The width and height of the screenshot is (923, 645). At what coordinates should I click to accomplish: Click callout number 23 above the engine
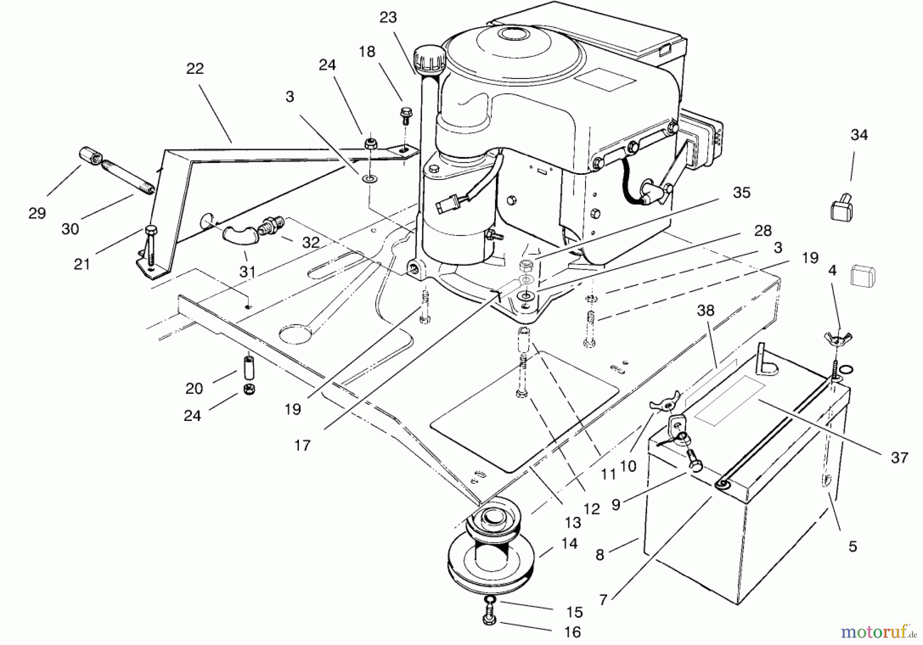pos(388,17)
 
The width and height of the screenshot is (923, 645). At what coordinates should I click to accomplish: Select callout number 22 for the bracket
pos(195,69)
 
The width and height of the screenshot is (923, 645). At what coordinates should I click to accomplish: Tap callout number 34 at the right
pos(859,135)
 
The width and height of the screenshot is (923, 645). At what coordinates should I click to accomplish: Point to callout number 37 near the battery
pos(899,457)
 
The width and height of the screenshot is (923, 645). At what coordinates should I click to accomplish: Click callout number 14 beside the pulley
pos(569,543)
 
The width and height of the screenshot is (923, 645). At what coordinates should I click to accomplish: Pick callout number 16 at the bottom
pos(572,632)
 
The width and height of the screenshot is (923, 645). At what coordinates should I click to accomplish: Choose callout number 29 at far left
pos(37,213)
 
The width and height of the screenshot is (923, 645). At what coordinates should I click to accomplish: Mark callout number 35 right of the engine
pos(741,193)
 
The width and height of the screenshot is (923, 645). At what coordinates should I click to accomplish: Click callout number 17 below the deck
pos(303,445)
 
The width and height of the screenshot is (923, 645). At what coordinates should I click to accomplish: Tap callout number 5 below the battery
pos(852,547)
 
